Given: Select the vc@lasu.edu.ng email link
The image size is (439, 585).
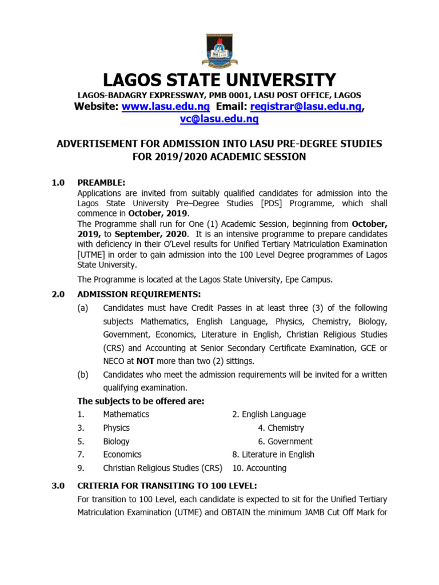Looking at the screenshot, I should point(219,119).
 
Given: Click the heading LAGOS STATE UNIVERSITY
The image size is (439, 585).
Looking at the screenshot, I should point(219,80).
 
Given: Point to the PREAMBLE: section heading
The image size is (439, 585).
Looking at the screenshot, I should point(101,183).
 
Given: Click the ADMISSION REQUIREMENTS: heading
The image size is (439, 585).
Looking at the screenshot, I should point(139,294).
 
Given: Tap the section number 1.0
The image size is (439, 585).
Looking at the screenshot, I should point(58,183).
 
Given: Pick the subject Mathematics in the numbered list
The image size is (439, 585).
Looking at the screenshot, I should point(126,414).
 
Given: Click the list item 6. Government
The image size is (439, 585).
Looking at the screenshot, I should point(285,441).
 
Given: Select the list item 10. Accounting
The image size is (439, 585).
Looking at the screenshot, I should point(259,468).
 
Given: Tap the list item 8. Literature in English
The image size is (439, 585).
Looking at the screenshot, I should point(273,455).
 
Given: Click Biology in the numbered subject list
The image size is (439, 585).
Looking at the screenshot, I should point(116,441).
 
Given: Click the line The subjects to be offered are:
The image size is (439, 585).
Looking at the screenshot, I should point(141,401).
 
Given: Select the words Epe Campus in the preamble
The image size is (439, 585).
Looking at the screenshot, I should point(311,279).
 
